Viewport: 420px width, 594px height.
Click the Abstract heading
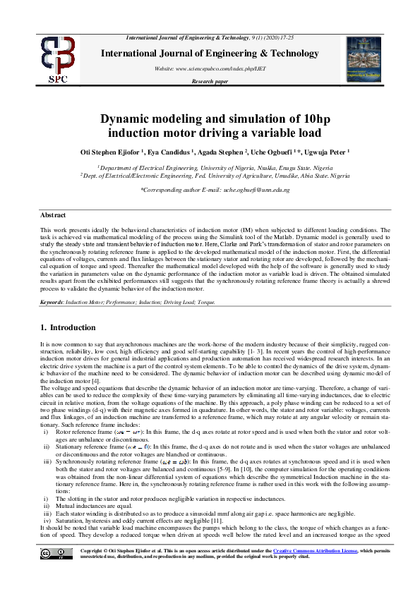(53, 214)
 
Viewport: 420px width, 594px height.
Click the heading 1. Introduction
(68, 327)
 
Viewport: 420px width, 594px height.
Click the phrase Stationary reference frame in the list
(88, 447)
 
